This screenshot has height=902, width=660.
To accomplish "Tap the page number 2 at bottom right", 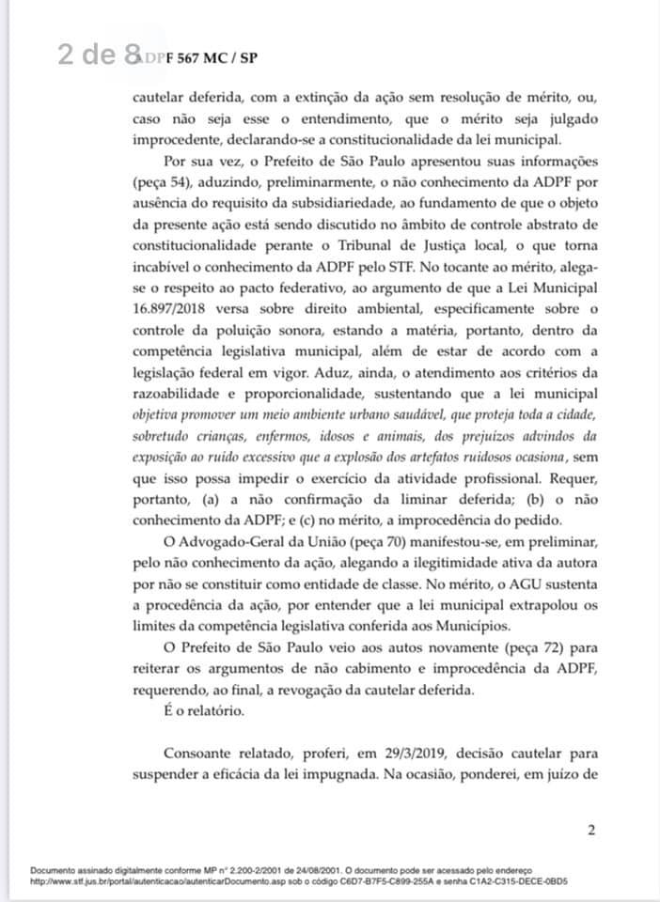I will [x=590, y=829].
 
